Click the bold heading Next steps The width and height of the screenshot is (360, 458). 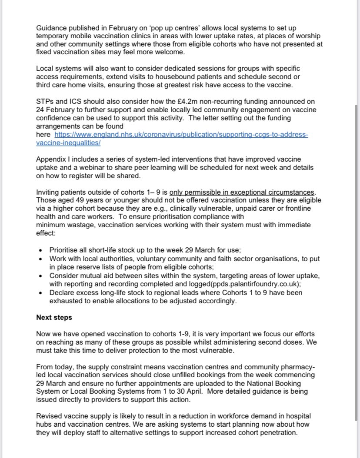click(54, 318)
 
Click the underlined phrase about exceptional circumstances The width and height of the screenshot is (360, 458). click(241, 192)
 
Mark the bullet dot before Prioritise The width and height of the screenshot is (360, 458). click(41, 251)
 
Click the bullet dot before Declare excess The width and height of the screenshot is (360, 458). click(41, 293)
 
